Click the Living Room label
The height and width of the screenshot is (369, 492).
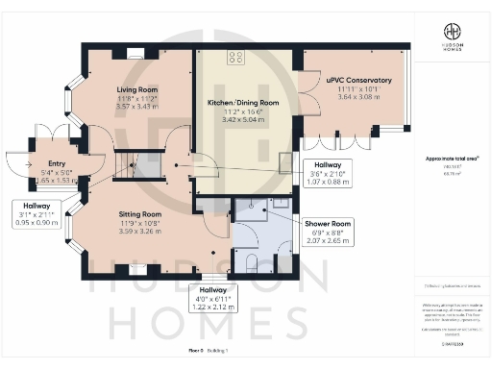tap(134, 90)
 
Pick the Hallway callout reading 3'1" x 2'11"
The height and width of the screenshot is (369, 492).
tap(34, 212)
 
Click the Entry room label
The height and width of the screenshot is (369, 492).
tap(44, 164)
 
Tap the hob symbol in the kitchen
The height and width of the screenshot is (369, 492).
tap(234, 57)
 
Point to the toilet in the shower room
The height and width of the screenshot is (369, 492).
tap(249, 260)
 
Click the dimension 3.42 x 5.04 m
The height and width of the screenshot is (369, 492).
tap(243, 121)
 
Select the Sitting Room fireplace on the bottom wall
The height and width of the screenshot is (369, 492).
tap(137, 269)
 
